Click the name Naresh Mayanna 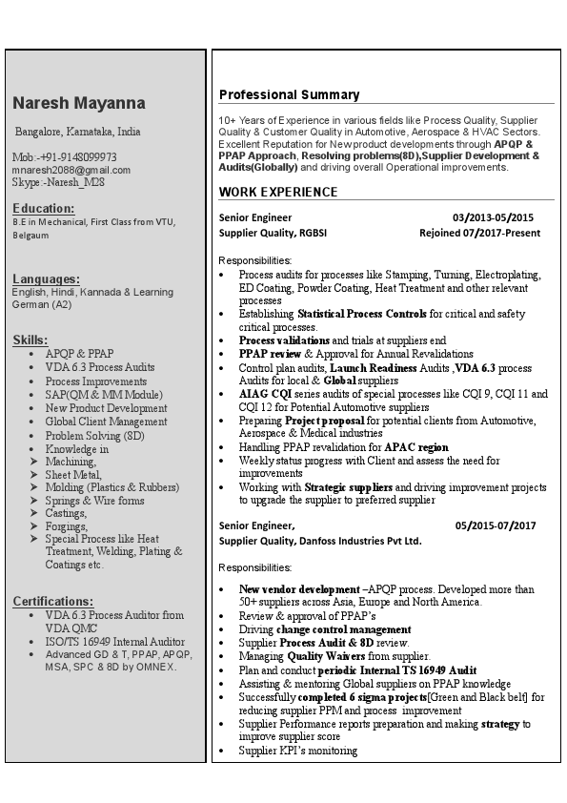(79, 103)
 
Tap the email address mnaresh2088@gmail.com (71, 170)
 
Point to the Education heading (44, 208)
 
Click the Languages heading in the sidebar (47, 278)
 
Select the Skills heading (30, 340)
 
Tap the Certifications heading (53, 601)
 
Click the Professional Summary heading (289, 94)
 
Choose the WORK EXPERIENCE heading (278, 192)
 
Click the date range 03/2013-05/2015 (493, 217)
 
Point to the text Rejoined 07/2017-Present (479, 233)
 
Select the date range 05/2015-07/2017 (496, 525)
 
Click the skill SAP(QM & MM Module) (104, 395)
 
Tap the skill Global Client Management (106, 422)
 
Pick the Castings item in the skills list (66, 513)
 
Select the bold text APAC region (415, 447)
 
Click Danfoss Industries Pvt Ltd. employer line (320, 541)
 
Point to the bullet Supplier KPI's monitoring (298, 751)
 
